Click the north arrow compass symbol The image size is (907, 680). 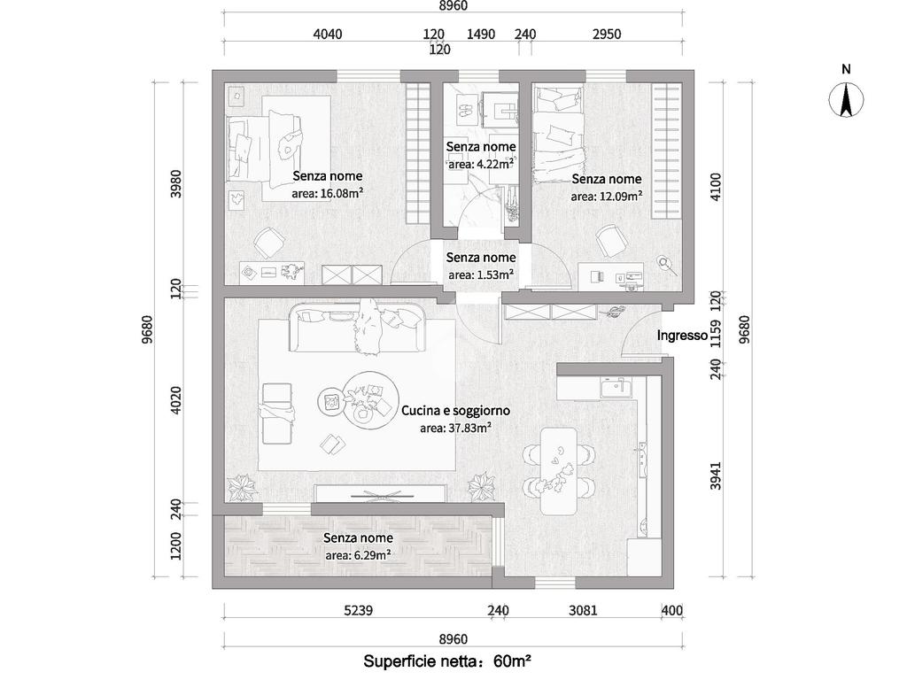[x=846, y=99]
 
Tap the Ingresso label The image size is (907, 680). [x=682, y=336]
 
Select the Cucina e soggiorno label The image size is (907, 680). [x=456, y=411]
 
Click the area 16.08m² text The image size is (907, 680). [x=328, y=193]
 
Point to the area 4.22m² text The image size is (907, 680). [x=481, y=164]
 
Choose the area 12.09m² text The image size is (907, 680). [x=606, y=196]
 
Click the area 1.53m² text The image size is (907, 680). [x=481, y=274]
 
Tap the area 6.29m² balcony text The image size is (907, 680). [x=358, y=555]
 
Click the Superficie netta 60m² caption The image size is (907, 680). [x=447, y=661]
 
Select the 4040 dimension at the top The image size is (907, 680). [x=328, y=35]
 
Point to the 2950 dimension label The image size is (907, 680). [x=607, y=35]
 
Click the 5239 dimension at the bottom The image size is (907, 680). [x=358, y=610]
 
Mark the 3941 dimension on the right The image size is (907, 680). [x=716, y=475]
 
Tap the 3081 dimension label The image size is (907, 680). [x=583, y=610]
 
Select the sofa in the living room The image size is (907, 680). [x=358, y=328]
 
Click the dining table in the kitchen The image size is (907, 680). [x=559, y=471]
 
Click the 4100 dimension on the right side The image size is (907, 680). [x=716, y=186]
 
